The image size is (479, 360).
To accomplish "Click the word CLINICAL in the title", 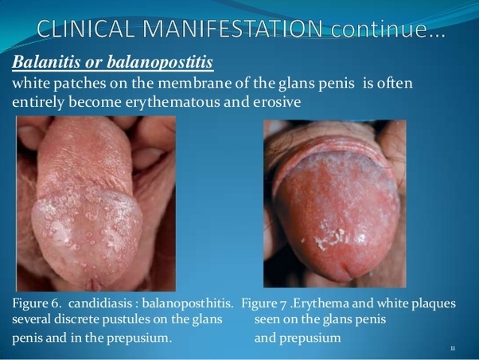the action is pos(86,29).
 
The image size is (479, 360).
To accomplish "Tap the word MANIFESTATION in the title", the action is pos(232,29).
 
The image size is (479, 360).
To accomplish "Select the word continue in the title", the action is pos(376,29).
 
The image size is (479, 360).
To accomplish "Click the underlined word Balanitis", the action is pos(45,62).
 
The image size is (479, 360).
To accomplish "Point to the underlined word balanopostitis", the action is pos(160,63).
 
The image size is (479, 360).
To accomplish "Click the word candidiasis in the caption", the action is pos(100,303).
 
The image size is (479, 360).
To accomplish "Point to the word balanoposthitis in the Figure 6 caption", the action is pos(186,303).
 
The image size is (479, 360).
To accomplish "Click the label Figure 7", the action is pos(264,303).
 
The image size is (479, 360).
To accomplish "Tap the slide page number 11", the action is pos(453,348).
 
